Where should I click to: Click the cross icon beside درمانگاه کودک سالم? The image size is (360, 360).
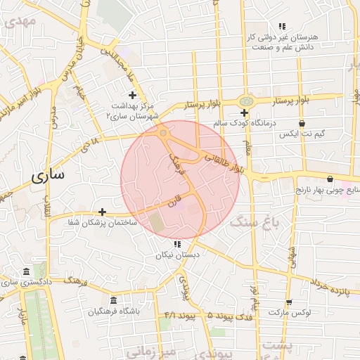tap(244, 112)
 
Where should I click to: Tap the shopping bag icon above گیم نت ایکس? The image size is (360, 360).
tap(302, 123)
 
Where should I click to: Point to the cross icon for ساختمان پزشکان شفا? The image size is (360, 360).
tap(103, 212)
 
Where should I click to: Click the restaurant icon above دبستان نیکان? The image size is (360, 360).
tap(176, 245)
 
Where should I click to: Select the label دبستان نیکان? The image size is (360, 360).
tap(176, 256)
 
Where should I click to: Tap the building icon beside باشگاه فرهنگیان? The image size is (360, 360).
tap(113, 300)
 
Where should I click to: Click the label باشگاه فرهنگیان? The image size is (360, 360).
tap(114, 311)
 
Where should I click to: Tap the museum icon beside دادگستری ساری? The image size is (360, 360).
tap(26, 272)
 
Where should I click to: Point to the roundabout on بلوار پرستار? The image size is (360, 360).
tap(246, 102)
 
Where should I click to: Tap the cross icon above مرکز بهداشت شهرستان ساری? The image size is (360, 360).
tap(131, 95)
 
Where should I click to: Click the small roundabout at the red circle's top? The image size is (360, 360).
tap(163, 131)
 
